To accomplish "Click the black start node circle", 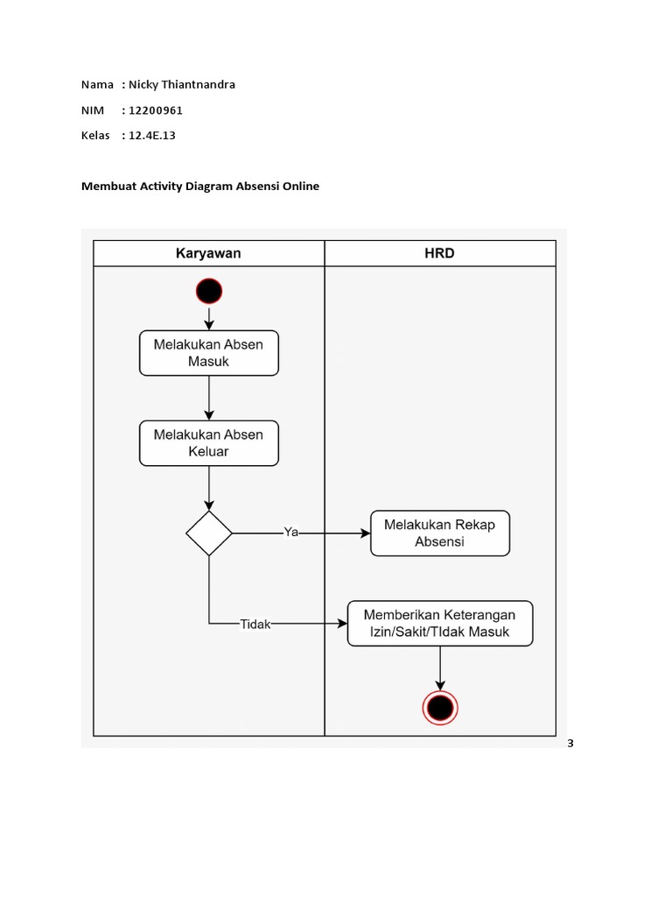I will [209, 290].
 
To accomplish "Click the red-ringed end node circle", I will [439, 707].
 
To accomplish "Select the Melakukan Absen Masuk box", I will [209, 353].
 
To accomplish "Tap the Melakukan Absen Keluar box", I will [209, 443].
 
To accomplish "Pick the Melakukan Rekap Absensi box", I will [439, 533].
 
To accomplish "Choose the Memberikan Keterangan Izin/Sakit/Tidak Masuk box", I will [439, 623].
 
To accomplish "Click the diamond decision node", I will [209, 533].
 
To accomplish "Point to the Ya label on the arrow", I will [290, 532].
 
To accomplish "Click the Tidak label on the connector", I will [255, 625].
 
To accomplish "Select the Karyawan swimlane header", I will [209, 254].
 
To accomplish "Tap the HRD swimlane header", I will [439, 254].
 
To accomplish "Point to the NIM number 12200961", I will [156, 110].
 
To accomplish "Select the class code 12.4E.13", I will [152, 136].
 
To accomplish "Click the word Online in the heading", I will [300, 186].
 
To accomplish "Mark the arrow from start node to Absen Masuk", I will [209, 316].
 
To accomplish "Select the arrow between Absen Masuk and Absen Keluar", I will [209, 399].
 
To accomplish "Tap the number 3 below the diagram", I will [570, 744].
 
